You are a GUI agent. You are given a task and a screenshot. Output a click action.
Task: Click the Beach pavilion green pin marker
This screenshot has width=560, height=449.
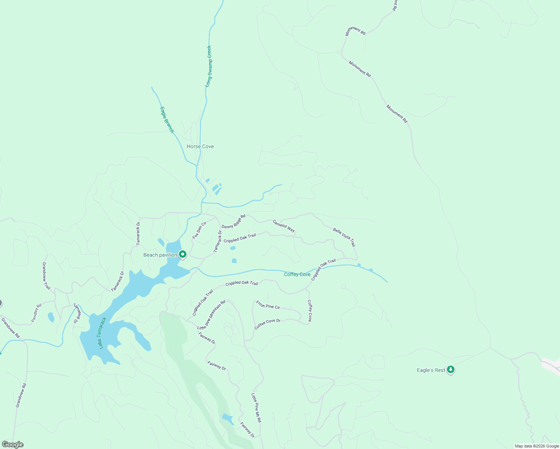point(183,254)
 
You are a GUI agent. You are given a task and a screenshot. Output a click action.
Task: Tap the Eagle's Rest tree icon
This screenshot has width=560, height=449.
point(451,370)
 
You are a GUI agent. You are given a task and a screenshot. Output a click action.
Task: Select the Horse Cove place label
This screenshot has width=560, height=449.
point(200,146)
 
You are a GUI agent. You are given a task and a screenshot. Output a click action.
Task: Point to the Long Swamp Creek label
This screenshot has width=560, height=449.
point(209,67)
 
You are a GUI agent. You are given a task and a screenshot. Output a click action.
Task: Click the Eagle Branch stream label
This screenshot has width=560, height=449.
point(167,120)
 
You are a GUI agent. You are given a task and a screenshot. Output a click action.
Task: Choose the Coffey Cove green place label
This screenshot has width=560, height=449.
point(297,274)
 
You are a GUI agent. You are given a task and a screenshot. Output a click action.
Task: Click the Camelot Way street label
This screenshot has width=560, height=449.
point(284,226)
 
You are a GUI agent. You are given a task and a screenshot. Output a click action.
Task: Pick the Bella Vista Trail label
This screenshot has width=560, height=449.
point(344,237)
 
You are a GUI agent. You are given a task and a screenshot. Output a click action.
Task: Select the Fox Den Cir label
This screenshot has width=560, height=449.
point(200,230)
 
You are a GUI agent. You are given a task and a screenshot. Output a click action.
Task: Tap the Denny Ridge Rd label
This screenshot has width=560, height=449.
point(234,221)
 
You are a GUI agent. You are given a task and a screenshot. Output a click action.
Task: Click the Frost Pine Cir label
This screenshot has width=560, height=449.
point(268,305)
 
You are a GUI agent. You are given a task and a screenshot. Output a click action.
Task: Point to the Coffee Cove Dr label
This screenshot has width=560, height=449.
point(267,324)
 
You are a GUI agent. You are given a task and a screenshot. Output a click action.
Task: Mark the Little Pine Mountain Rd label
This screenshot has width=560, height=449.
point(211,315)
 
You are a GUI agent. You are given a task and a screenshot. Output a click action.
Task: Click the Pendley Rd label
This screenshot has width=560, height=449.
point(36,313)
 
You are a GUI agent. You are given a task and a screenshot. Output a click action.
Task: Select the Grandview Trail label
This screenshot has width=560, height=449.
point(46,276)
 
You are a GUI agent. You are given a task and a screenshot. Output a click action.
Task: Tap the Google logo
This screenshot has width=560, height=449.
point(12,445)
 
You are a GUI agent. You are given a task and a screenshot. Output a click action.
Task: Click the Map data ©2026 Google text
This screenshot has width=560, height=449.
point(537,446)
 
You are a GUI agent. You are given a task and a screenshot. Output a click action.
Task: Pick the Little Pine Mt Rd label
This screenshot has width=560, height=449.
point(256,408)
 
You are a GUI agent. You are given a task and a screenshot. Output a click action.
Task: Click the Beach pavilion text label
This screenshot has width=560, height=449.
point(160,255)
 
